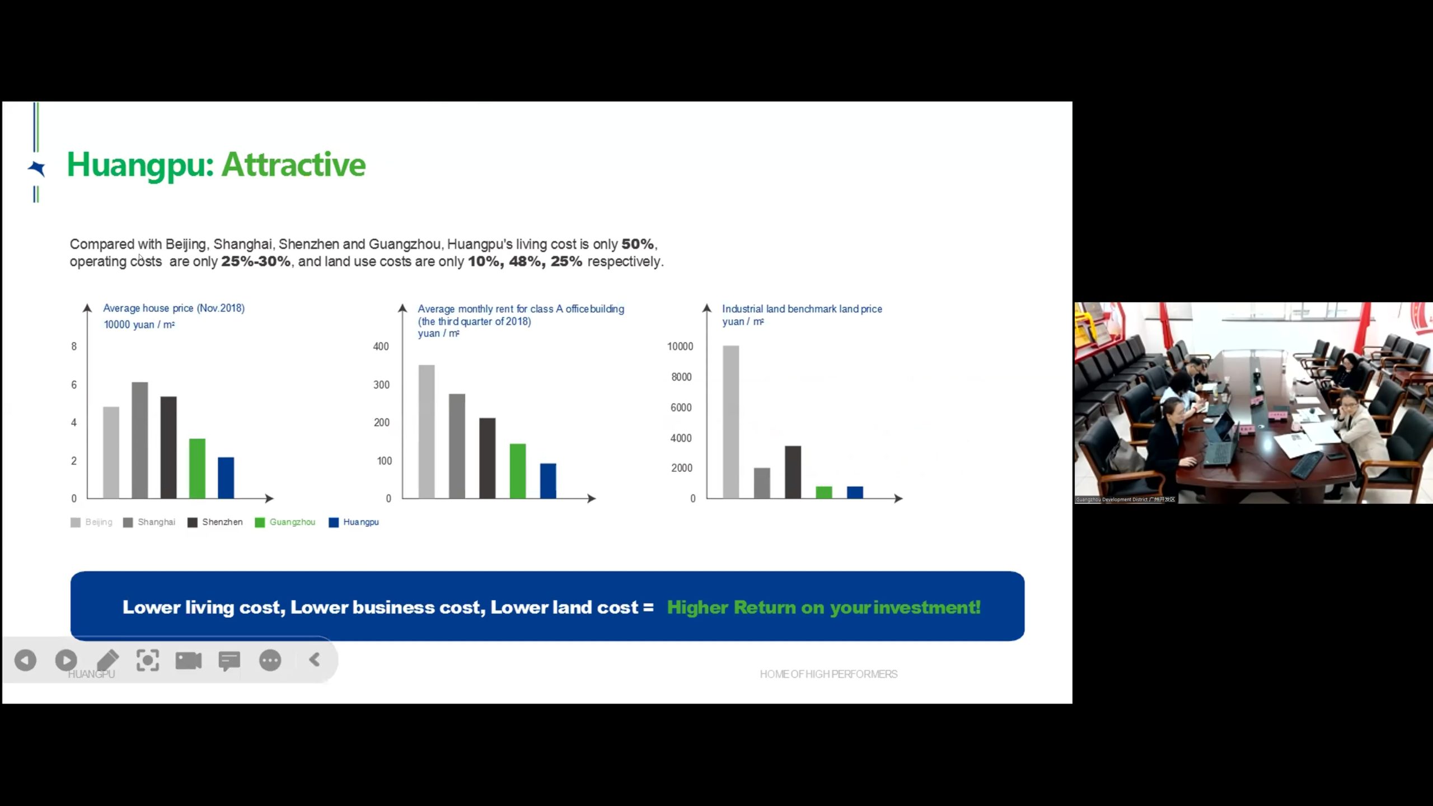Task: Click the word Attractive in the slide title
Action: (x=294, y=165)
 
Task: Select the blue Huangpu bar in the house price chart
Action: (x=226, y=477)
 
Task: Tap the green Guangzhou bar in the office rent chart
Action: (x=518, y=471)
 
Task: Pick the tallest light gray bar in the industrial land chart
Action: (x=731, y=421)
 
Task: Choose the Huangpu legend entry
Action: (x=354, y=522)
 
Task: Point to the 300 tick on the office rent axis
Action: (x=381, y=385)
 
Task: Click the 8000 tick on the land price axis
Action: (x=681, y=377)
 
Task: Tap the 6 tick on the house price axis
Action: (x=74, y=385)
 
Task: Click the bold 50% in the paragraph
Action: (x=638, y=244)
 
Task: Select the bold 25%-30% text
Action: (x=256, y=261)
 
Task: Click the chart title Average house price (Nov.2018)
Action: (x=174, y=308)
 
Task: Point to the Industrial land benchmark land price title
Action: (x=802, y=308)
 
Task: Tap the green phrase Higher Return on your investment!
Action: (x=824, y=607)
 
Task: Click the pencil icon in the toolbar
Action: (x=107, y=660)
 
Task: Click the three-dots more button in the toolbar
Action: (x=270, y=660)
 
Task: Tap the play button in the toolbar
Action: (x=66, y=660)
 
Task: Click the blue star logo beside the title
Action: (x=37, y=168)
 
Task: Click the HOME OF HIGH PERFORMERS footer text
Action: (x=828, y=674)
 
